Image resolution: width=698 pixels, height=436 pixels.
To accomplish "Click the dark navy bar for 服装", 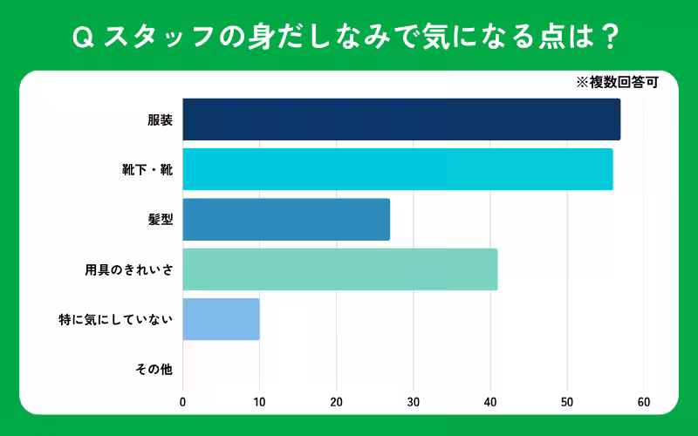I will pos(401,119).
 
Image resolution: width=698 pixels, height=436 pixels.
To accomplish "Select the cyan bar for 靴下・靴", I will pos(398,169).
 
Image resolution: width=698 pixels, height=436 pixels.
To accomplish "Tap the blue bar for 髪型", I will pos(286,220).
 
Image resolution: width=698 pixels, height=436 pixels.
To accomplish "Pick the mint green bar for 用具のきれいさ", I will pos(340,269).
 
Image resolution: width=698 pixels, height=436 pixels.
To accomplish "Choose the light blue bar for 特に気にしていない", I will pos(222,319).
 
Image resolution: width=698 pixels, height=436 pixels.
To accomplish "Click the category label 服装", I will pos(160,120).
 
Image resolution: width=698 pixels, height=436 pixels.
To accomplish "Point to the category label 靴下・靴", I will pos(147,170).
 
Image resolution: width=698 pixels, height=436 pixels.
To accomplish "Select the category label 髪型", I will pos(160,220).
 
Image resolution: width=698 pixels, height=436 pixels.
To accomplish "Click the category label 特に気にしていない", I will pos(116,320).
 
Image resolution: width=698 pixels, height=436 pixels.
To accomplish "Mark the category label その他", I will pos(154,370).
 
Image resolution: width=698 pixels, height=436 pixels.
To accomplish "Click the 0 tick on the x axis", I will pos(182,402).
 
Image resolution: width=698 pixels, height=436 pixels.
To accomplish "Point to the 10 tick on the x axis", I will pos(259,402).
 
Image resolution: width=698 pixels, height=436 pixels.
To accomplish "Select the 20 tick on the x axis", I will pos(336,402).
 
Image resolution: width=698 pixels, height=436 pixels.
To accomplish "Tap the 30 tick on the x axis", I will pos(414,402).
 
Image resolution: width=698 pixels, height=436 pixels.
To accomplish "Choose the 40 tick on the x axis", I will pos(490,402).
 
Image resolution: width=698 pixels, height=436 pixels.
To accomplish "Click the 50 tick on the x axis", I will pos(567,402).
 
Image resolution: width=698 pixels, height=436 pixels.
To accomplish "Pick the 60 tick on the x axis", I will pos(644,402).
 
